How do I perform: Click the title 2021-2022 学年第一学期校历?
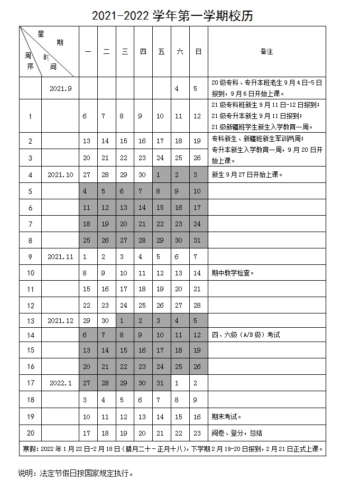[172, 16]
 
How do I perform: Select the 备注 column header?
[266, 52]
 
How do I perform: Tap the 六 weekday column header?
[180, 52]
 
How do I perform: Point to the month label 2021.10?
[60, 174]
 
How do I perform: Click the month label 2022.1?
[60, 383]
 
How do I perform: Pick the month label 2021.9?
[60, 88]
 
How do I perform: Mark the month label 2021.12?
[60, 320]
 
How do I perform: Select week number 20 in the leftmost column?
[30, 433]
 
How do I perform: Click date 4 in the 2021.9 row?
[177, 88]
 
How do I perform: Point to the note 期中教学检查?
[233, 273]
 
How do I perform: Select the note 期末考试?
[227, 417]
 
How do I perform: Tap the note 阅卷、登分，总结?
[236, 433]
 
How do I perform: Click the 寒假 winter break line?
[172, 449]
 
